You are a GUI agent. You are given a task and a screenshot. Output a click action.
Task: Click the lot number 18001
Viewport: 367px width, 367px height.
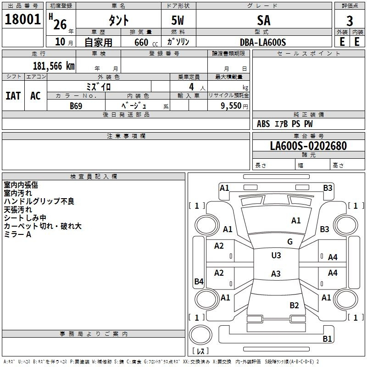[x=23, y=20]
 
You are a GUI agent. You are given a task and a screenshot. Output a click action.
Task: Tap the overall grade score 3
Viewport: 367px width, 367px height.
[x=350, y=21]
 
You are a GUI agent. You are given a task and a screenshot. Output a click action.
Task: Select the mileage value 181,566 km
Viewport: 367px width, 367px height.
[x=54, y=66]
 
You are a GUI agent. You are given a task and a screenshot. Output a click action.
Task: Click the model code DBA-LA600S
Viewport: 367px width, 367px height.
[x=263, y=42]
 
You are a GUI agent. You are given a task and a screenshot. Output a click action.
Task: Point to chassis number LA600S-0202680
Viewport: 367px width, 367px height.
[x=308, y=146]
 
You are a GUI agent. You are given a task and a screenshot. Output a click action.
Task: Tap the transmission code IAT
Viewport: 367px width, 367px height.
[x=13, y=96]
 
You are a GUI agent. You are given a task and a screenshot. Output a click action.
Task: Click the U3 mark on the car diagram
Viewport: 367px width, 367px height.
[x=276, y=256]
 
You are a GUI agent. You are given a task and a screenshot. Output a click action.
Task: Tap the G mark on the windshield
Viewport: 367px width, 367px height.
[x=289, y=242]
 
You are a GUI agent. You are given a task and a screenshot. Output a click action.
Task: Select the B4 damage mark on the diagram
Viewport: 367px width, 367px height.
[x=199, y=282]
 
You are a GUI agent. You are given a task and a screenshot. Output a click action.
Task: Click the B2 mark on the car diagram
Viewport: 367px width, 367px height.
[x=294, y=305]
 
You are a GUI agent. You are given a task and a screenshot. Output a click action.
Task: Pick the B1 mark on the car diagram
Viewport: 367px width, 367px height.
[x=327, y=339]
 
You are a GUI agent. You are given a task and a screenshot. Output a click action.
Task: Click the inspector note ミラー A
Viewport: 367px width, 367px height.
[x=17, y=234]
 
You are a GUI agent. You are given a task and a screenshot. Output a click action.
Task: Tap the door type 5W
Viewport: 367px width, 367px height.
[x=179, y=21]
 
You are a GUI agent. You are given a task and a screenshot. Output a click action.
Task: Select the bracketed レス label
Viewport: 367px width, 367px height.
[x=201, y=351]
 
